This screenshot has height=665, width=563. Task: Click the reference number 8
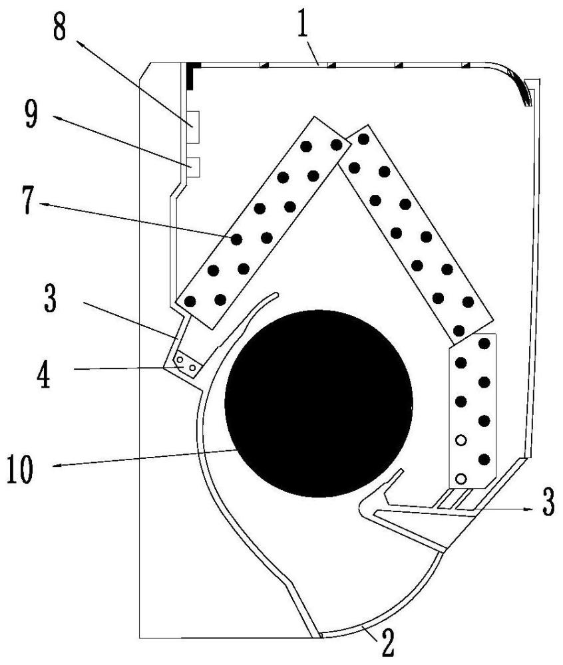59,25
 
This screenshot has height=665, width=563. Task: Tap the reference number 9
31,115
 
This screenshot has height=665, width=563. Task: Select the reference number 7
27,202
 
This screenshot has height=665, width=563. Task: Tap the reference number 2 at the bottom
388,646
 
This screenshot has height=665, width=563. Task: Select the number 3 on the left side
50,299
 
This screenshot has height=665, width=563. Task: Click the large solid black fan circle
319,404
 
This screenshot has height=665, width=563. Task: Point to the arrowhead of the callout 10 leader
60,465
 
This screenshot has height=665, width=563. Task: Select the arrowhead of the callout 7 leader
45,205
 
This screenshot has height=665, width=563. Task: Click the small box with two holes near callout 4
187,364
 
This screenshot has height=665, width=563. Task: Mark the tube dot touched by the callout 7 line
236,239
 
